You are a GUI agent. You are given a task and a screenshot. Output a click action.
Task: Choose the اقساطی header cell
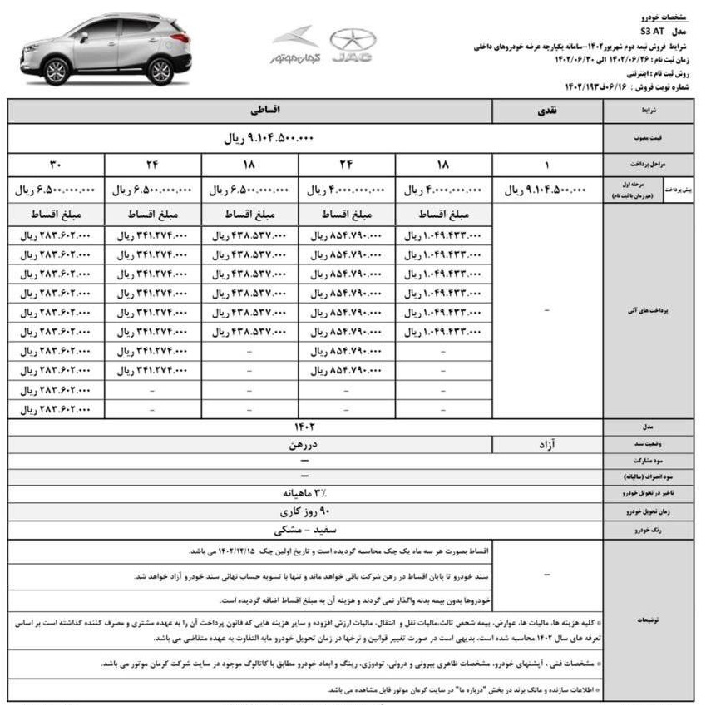pyautogui.click(x=252, y=110)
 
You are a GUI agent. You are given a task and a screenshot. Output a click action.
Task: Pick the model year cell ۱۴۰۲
pyautogui.click(x=296, y=428)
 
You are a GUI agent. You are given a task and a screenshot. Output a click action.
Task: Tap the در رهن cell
pyautogui.click(x=296, y=445)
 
